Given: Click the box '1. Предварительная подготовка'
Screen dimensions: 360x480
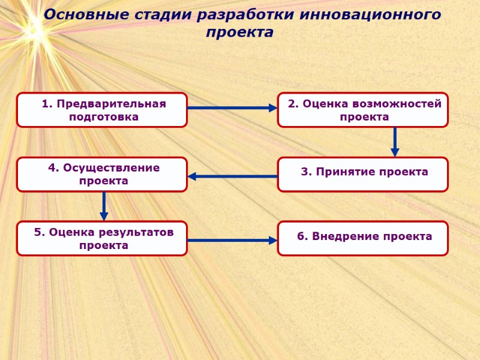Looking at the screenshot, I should pyautogui.click(x=102, y=110).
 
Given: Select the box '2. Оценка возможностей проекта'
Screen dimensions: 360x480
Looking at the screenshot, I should pyautogui.click(x=362, y=110).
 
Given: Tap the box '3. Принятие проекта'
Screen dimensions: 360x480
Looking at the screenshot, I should pyautogui.click(x=362, y=174).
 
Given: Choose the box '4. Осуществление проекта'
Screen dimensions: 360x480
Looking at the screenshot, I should pyautogui.click(x=102, y=174).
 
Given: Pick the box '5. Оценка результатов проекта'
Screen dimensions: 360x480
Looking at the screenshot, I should pyautogui.click(x=102, y=238).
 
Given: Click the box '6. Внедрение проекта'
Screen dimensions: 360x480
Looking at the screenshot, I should pyautogui.click(x=362, y=238).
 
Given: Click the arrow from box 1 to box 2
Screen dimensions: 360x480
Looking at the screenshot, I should pyautogui.click(x=232, y=108).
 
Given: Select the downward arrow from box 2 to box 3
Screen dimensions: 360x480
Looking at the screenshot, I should pyautogui.click(x=395, y=142).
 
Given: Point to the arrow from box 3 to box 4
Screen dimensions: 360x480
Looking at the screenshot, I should pyautogui.click(x=233, y=176).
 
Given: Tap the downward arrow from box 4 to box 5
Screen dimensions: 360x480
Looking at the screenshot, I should pyautogui.click(x=104, y=206).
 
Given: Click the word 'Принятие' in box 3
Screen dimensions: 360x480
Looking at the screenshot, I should pyautogui.click(x=343, y=172).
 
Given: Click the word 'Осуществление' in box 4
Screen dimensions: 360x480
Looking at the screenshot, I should pyautogui.click(x=112, y=168).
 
